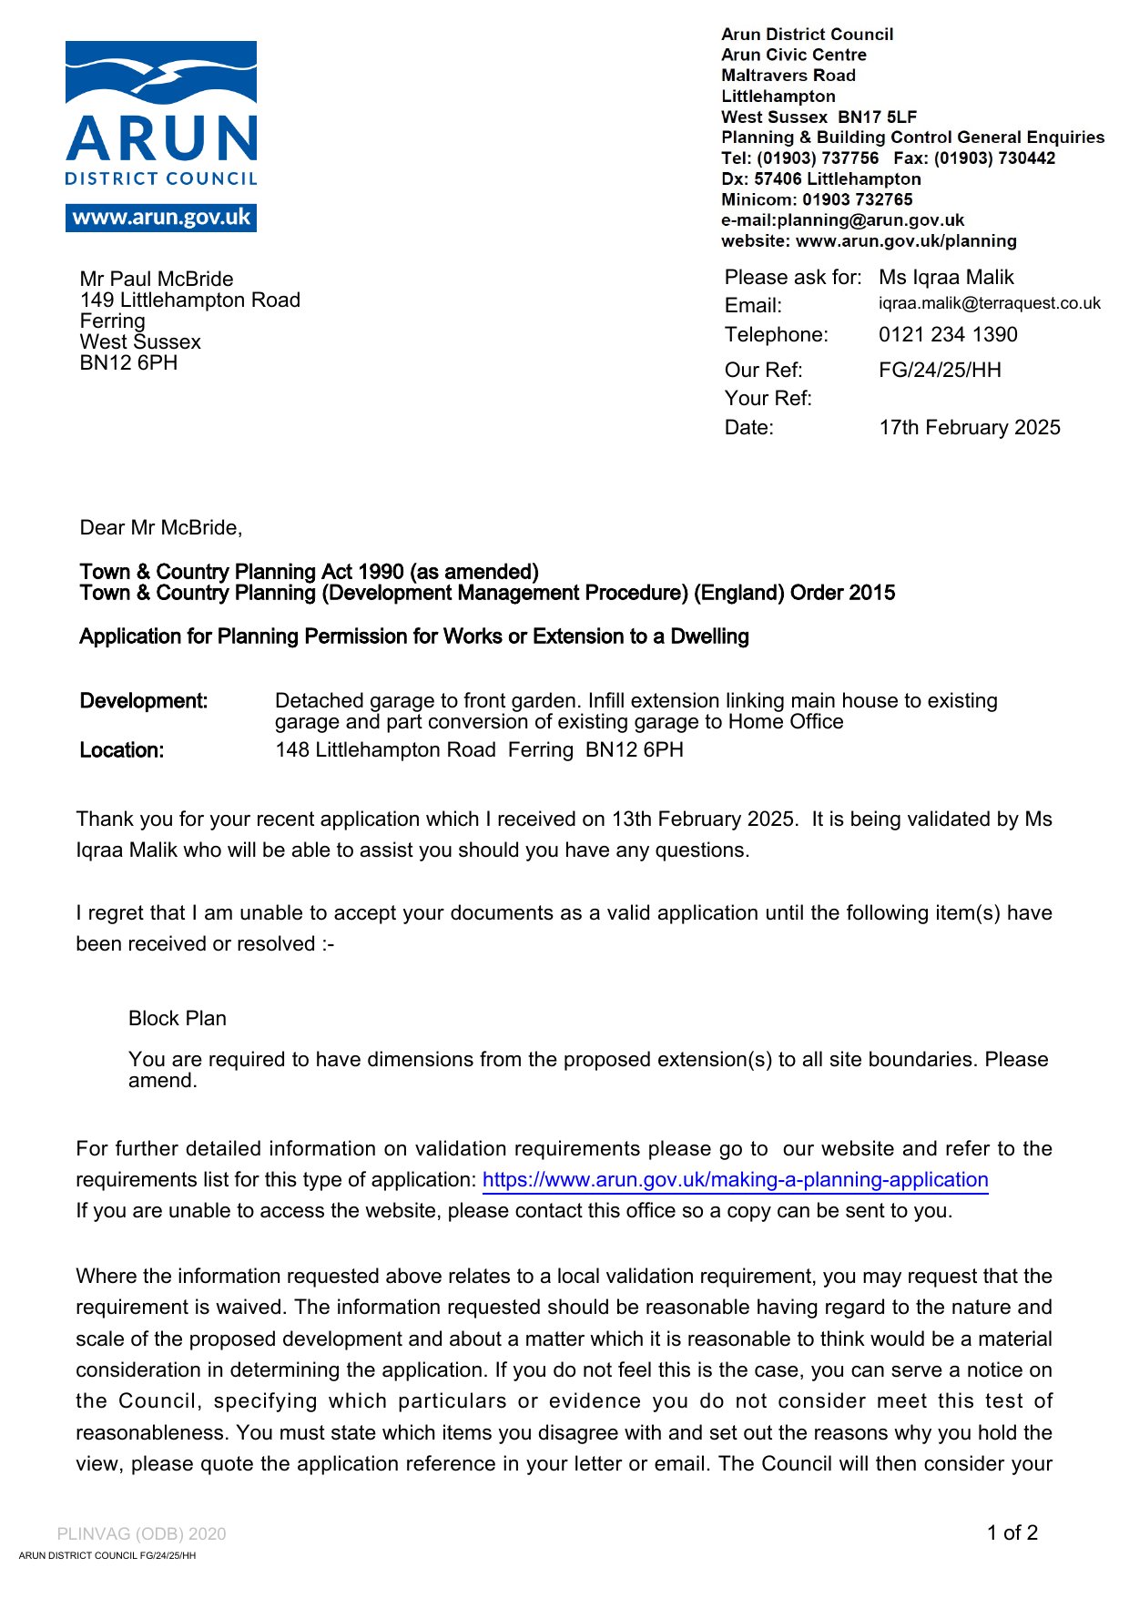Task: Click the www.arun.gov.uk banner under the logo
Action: (x=161, y=218)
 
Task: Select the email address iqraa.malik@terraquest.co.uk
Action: (x=989, y=303)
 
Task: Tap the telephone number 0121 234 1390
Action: (x=948, y=334)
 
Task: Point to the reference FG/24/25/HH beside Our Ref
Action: (x=940, y=370)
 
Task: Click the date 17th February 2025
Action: (x=969, y=427)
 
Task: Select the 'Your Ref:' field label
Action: (x=768, y=398)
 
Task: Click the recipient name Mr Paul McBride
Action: (x=157, y=279)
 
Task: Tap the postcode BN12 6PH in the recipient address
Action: (x=128, y=362)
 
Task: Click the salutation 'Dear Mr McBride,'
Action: (x=161, y=527)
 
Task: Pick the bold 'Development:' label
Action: (x=144, y=700)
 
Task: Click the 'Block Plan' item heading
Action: (x=178, y=1018)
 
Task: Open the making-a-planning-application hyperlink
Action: (x=735, y=1179)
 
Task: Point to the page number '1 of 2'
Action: (x=1012, y=1532)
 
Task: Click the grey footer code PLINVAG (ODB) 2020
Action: (x=141, y=1533)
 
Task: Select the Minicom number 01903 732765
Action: (x=857, y=199)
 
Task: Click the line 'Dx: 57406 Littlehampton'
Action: (x=820, y=178)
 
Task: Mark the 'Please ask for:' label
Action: (x=792, y=277)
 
